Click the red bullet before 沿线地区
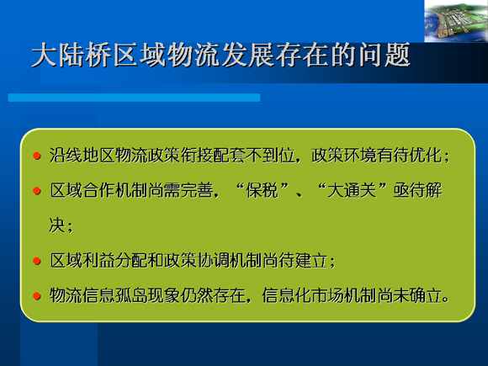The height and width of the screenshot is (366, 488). click(37, 156)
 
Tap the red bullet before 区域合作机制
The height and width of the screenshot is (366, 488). click(37, 190)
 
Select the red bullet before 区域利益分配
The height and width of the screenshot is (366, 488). click(37, 261)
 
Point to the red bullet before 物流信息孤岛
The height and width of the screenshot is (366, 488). click(37, 295)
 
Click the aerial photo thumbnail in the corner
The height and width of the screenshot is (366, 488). click(456, 21)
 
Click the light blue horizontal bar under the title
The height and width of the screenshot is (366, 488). click(134, 98)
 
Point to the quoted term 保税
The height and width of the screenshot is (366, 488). click(262, 190)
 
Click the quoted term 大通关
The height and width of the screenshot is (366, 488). click(352, 190)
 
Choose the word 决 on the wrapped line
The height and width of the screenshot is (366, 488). click(57, 225)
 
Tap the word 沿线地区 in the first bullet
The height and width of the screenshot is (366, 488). click(82, 156)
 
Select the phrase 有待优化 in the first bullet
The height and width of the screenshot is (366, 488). click(409, 156)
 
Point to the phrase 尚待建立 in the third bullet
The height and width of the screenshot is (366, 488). click(295, 261)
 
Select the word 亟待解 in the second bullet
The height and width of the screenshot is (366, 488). click(417, 190)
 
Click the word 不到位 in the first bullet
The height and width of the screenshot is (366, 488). click(270, 156)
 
